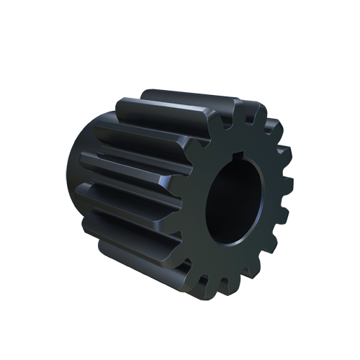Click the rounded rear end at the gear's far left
click(78, 180)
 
